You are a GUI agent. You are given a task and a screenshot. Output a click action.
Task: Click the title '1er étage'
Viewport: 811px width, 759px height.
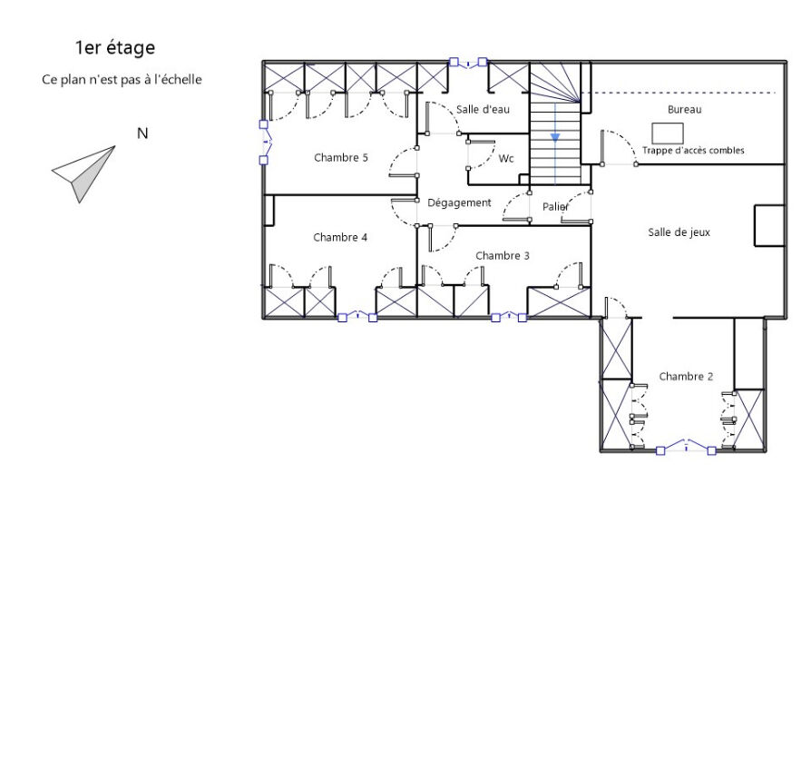(x=115, y=47)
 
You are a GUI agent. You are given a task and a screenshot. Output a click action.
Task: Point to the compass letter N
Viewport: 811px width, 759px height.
(x=142, y=133)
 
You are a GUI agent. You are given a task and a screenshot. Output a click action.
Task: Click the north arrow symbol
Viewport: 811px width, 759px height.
(x=83, y=174)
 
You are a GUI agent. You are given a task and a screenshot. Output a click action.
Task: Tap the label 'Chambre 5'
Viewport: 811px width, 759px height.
(x=341, y=157)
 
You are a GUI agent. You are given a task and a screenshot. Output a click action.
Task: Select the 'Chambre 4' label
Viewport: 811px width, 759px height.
(x=340, y=237)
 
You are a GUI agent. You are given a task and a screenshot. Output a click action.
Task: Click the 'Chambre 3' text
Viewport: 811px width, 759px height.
(x=503, y=256)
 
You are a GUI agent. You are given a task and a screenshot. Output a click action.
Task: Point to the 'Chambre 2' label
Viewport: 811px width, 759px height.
(x=686, y=377)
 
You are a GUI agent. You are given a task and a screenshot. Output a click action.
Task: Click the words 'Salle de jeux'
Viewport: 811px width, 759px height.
(x=679, y=232)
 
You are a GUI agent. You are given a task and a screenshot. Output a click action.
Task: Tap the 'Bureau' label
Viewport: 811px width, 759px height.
(x=684, y=109)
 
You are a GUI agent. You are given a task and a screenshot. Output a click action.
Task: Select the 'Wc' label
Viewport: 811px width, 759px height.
(x=506, y=158)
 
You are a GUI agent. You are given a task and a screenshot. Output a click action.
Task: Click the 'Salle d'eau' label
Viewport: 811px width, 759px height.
(x=483, y=109)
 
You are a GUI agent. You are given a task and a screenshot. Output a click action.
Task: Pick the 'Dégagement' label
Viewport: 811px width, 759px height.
(x=459, y=203)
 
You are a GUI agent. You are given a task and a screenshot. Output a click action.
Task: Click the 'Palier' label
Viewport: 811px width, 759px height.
(x=555, y=207)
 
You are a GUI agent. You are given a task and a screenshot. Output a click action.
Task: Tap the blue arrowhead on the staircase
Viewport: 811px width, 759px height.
(x=555, y=138)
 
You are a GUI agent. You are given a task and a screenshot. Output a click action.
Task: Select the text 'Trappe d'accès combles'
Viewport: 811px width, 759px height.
(x=693, y=150)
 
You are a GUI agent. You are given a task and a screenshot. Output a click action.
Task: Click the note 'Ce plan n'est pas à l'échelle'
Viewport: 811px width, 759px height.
(x=122, y=80)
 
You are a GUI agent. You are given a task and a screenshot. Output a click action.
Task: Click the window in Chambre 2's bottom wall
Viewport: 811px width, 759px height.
(x=686, y=447)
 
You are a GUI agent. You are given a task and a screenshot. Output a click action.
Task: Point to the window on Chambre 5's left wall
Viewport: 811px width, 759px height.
(x=265, y=142)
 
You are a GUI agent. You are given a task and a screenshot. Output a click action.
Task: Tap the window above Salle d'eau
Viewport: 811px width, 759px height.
(x=468, y=63)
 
